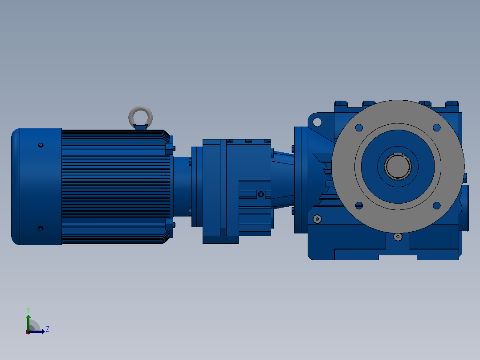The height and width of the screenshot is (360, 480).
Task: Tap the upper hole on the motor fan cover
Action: pos(41,145)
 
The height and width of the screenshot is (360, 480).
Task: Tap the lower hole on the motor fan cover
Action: pos(41,228)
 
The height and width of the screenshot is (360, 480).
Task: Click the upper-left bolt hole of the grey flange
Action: pos(359,127)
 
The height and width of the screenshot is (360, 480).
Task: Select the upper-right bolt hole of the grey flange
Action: pos(437,127)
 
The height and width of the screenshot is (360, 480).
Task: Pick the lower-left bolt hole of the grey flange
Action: pos(359,205)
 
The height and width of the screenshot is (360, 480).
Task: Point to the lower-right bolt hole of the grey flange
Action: pos(437,205)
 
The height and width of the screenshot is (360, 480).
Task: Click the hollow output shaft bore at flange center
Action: pos(398,166)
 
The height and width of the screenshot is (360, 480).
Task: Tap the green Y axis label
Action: pos(28,310)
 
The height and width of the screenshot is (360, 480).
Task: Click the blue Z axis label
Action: pos(48,329)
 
